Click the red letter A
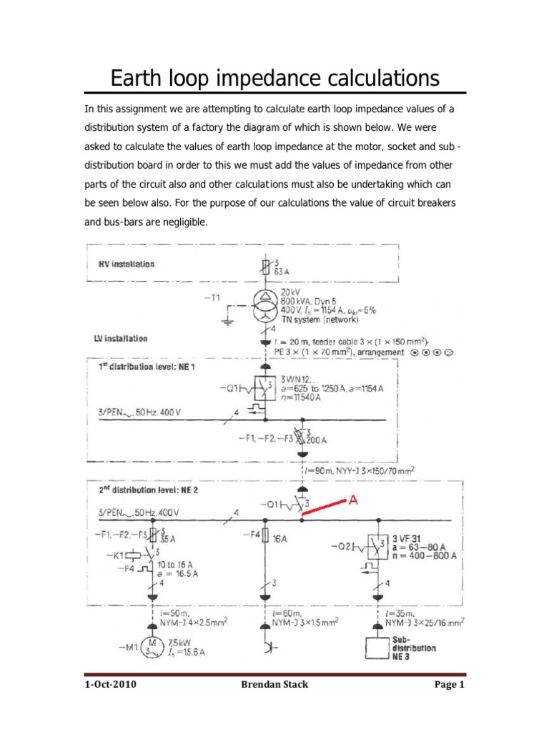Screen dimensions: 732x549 (x=353, y=502)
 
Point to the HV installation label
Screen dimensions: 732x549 (x=126, y=264)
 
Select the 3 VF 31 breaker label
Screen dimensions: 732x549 (x=412, y=537)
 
